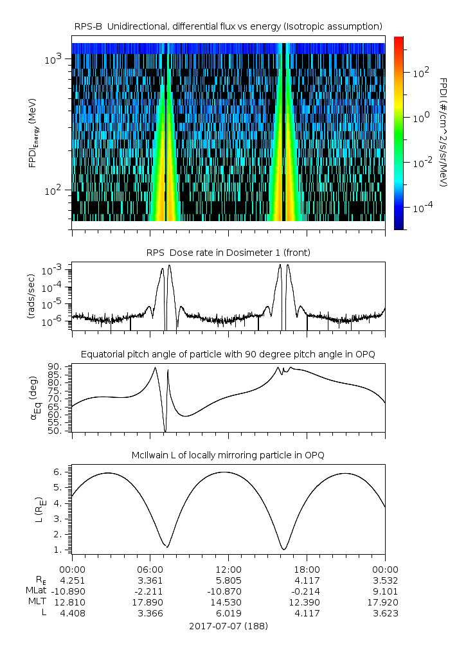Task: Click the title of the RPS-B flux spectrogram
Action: pos(228,26)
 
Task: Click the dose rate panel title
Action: pos(228,253)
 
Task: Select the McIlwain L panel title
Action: pos(228,455)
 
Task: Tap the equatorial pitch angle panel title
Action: pos(228,354)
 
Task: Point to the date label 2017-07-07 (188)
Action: pos(228,625)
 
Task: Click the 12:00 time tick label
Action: pos(228,569)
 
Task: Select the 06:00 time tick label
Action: pos(150,569)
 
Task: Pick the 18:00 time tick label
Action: pos(307,569)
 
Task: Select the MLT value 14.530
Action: pos(228,602)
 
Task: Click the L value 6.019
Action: pos(228,613)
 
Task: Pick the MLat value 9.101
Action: pos(385,591)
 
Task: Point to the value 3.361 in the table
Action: pos(150,580)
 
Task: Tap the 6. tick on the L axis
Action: pos(62,472)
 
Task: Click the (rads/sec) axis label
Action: pos(30,296)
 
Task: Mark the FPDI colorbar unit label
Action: pos(444,132)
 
